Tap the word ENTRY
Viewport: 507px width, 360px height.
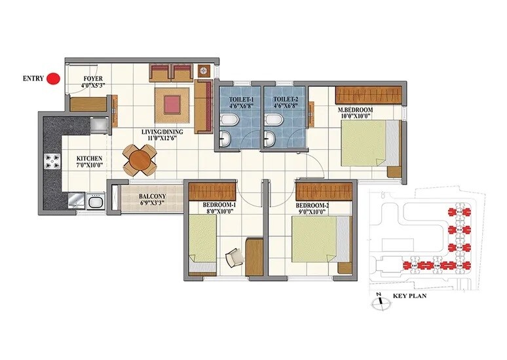coord(33,79)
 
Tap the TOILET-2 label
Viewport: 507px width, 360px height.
coord(283,101)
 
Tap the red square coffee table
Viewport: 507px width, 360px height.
coord(172,103)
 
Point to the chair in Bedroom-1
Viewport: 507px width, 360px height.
coord(233,259)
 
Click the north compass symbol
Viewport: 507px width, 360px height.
coord(378,303)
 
